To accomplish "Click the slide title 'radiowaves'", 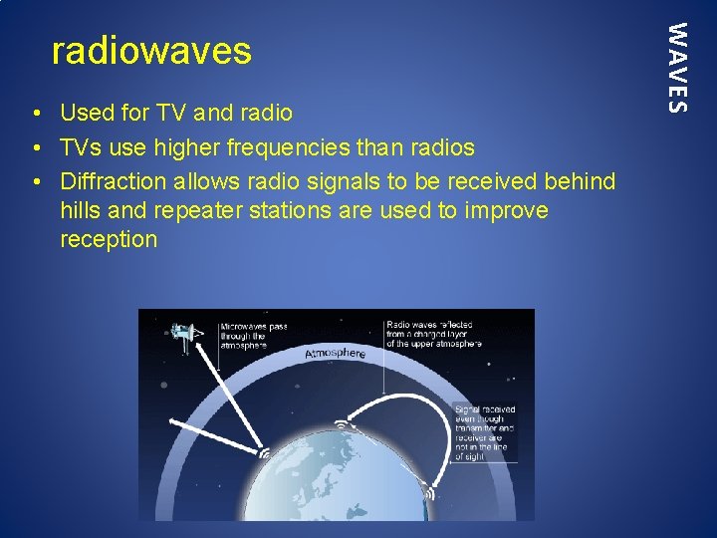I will (x=151, y=50).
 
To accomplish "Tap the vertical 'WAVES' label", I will (x=676, y=67).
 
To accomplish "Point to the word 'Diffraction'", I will (x=113, y=182).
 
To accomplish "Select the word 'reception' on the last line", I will (x=109, y=239).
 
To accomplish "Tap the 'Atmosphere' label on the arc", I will (x=336, y=354).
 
